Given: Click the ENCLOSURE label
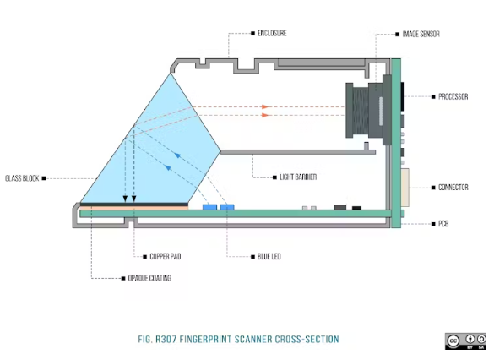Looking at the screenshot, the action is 272,33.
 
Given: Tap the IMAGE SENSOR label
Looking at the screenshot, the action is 421,34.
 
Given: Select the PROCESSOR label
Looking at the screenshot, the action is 453,96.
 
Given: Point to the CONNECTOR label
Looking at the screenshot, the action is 453,188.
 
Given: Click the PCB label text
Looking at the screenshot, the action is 443,224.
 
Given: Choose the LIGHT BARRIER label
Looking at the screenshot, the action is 298,177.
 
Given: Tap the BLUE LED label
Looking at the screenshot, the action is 269,257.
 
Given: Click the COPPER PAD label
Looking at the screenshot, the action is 166,257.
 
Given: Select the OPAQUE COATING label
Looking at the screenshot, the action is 149,278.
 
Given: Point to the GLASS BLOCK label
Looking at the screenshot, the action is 22,178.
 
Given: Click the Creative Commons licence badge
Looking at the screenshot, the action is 465,341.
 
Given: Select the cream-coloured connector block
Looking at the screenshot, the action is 405,188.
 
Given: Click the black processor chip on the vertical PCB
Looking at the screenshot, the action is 403,96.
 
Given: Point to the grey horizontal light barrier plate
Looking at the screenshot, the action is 298,152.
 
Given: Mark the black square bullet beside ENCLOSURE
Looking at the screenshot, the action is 252,33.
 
